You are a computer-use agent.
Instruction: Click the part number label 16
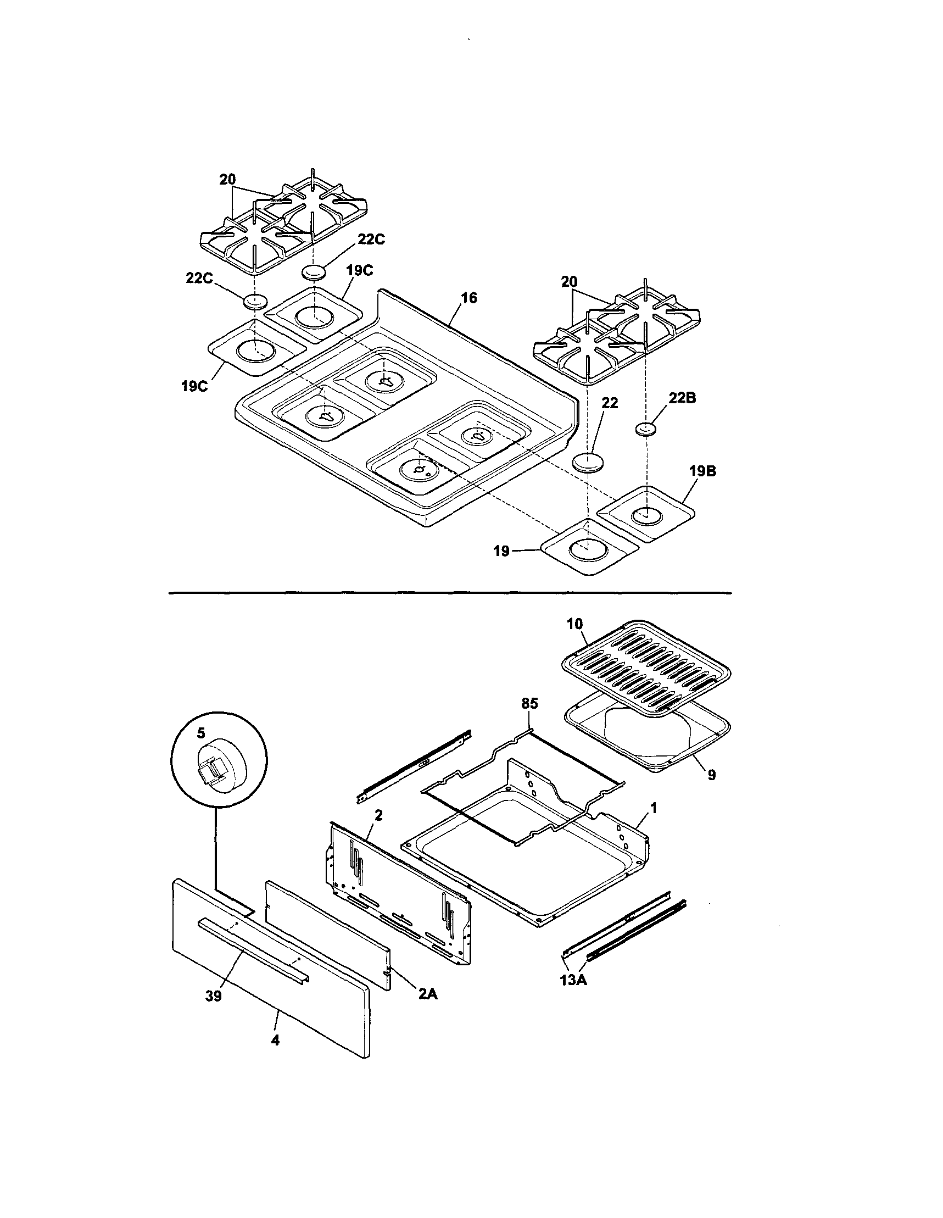click(x=469, y=298)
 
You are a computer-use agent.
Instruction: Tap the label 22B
click(x=683, y=398)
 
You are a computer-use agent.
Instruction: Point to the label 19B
click(x=702, y=471)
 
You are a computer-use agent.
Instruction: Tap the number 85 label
click(x=529, y=704)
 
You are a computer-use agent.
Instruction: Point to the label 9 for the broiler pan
click(x=712, y=775)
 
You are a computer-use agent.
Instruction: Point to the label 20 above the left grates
click(x=227, y=180)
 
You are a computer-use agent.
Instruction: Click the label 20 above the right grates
click(x=570, y=282)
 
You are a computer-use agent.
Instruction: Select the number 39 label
click(x=214, y=996)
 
